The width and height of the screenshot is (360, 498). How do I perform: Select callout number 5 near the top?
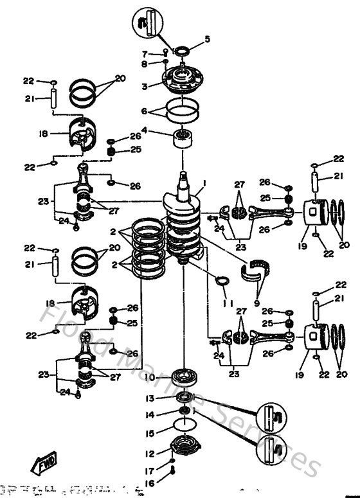[x=208, y=39]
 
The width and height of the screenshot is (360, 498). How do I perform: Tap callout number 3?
[x=145, y=86]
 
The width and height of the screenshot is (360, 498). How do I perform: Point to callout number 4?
[x=145, y=131]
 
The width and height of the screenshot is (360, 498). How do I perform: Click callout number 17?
[x=148, y=470]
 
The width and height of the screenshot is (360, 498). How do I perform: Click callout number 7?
[x=145, y=53]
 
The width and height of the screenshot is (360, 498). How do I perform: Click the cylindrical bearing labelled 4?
[x=185, y=138]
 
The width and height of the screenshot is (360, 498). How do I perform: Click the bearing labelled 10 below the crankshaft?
[x=184, y=377]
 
